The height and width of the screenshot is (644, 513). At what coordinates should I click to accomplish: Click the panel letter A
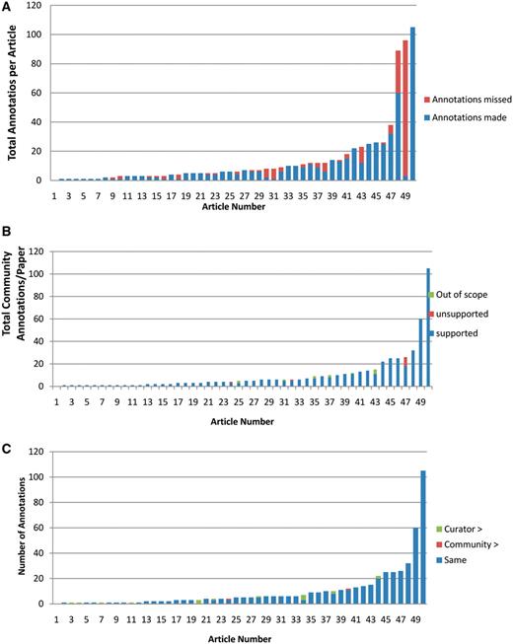coord(8,8)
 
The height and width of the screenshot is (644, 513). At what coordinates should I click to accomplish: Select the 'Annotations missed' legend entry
coord(468,100)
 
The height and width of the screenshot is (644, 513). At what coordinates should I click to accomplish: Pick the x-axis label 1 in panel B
coord(57,402)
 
